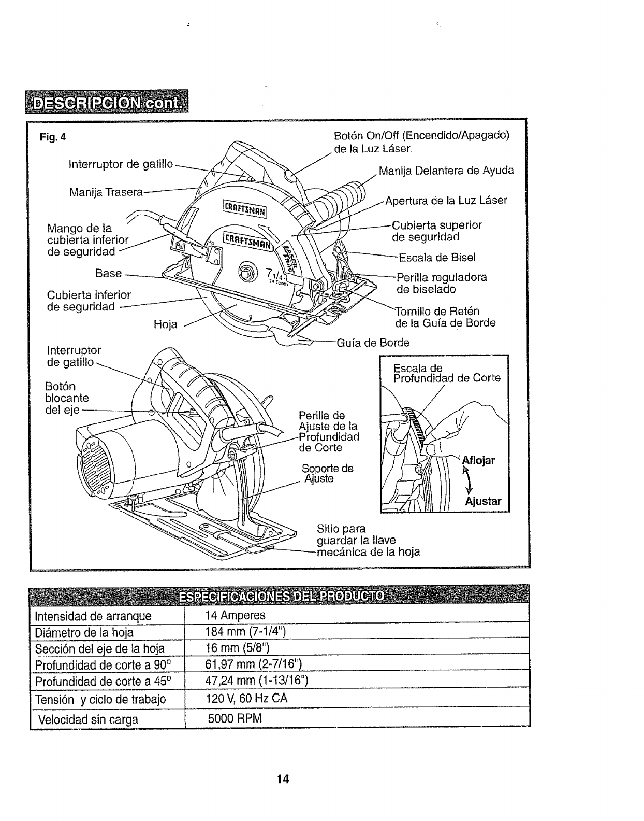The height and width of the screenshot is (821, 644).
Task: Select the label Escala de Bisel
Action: tap(436, 258)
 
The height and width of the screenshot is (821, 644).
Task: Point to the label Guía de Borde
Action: tap(373, 343)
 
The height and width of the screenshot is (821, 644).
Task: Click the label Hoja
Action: tap(166, 325)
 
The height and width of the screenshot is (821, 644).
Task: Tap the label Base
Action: tap(108, 273)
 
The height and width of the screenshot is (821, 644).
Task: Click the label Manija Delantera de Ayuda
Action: tap(446, 171)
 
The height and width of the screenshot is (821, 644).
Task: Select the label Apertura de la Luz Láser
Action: tap(446, 201)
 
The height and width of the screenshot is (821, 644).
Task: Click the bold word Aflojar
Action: tap(478, 461)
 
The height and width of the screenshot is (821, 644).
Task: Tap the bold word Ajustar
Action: tap(483, 501)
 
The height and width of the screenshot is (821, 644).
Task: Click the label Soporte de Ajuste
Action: tap(327, 473)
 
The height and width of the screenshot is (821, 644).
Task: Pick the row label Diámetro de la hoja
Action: tap(84, 633)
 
